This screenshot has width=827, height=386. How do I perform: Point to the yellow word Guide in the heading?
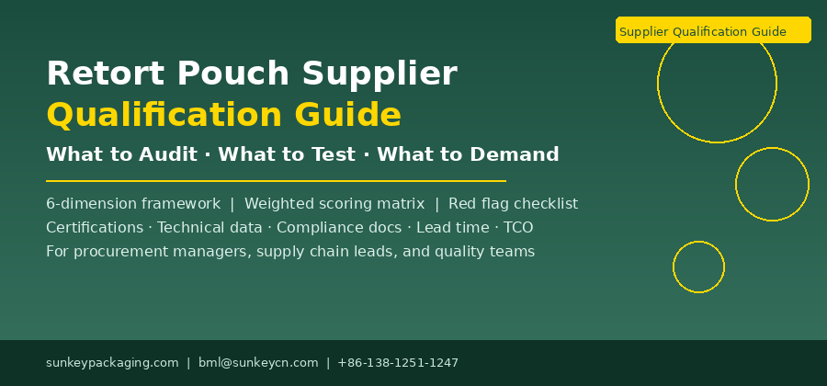click(x=348, y=115)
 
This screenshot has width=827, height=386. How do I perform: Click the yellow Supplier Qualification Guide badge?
click(x=713, y=29)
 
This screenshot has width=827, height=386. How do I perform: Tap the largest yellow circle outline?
click(x=658, y=84)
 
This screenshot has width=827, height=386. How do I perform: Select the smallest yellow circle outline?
click(x=673, y=267)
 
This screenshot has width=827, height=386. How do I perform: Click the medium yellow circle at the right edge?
click(x=736, y=184)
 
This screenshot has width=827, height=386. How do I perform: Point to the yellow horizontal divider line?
click(x=276, y=181)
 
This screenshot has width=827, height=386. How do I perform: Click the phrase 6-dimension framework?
click(x=133, y=203)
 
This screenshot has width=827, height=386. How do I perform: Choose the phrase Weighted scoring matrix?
click(x=334, y=204)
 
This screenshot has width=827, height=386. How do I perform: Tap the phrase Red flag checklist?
click(x=513, y=203)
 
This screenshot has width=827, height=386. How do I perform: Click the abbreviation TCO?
click(x=518, y=228)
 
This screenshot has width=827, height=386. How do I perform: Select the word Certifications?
click(x=95, y=228)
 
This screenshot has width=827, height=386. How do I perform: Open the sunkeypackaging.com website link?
click(x=112, y=363)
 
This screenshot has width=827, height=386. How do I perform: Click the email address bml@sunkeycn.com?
click(x=258, y=363)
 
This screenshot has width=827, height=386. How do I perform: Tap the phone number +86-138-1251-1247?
click(x=398, y=363)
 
